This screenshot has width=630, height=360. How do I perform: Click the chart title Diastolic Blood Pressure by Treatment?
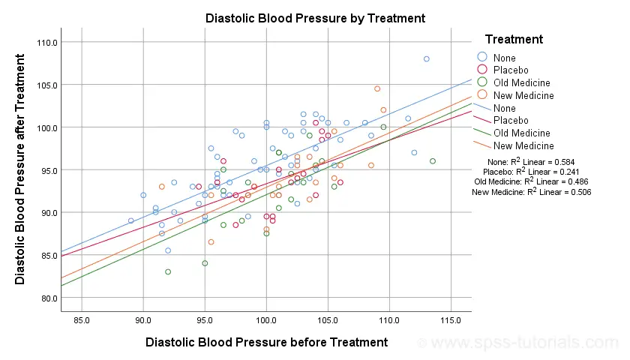click(x=315, y=17)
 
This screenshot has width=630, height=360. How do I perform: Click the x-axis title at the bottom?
click(x=266, y=342)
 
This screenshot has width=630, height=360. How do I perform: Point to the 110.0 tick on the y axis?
click(x=47, y=43)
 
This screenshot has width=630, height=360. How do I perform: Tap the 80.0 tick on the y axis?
click(x=47, y=298)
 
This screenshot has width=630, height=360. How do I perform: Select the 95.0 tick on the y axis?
click(x=47, y=170)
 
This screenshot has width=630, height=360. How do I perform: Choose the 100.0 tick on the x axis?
click(x=266, y=321)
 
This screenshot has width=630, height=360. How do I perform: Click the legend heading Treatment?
click(x=514, y=39)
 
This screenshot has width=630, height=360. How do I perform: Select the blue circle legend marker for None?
click(x=482, y=57)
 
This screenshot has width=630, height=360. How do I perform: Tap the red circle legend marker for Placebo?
click(x=482, y=70)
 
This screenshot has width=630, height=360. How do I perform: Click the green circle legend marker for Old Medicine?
click(x=482, y=82)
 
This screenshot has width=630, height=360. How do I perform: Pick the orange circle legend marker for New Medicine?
click(x=482, y=95)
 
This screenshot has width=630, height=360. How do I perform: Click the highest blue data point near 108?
click(x=426, y=59)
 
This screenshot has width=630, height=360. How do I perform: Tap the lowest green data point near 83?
click(x=168, y=272)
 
